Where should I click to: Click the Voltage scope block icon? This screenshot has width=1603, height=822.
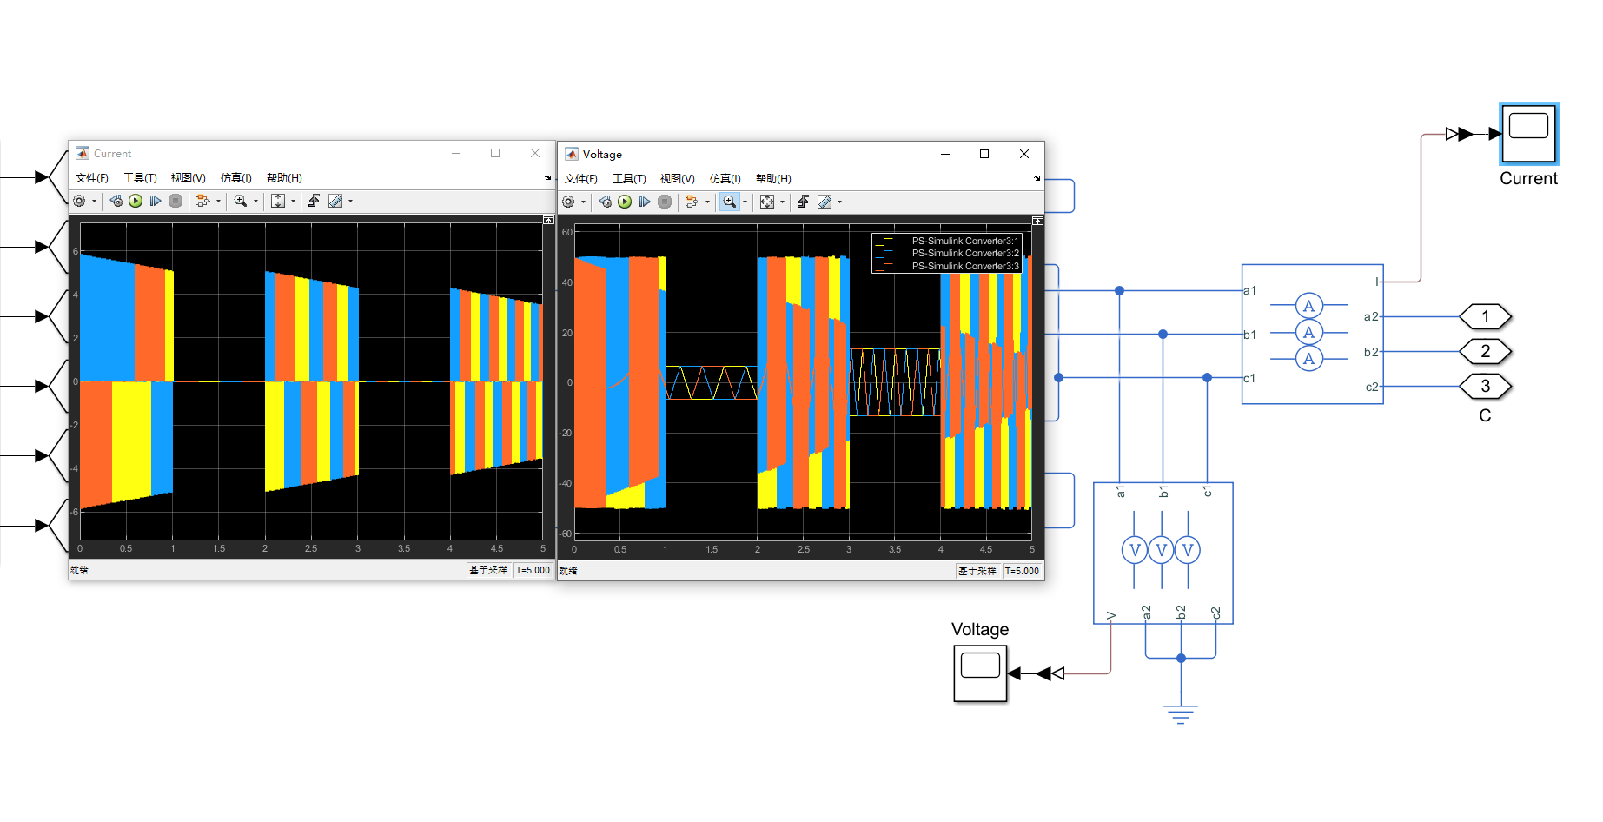[980, 673]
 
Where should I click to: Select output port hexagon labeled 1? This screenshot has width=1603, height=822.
[1485, 316]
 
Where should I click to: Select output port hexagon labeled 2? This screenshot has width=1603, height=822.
[1485, 351]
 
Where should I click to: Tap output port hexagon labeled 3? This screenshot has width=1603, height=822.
[1485, 386]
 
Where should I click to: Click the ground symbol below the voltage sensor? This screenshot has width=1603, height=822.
[1181, 713]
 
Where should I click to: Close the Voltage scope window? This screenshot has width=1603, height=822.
[1024, 154]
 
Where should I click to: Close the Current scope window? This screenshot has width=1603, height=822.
[535, 153]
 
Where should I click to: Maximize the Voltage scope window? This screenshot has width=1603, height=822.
[984, 154]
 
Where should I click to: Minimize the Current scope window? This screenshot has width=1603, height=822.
[455, 153]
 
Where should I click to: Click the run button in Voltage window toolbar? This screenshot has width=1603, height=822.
[625, 202]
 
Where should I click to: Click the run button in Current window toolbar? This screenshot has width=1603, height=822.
[136, 201]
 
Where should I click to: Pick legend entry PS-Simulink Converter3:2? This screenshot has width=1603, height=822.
[964, 254]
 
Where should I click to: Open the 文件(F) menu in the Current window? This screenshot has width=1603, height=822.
[91, 178]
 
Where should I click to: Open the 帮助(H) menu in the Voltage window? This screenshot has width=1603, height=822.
[773, 179]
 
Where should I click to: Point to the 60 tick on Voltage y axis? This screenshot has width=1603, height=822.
[566, 232]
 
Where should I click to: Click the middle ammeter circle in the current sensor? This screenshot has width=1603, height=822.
[1308, 332]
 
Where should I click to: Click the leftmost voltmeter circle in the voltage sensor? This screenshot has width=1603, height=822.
[1134, 549]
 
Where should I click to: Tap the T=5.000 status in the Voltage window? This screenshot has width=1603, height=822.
[1022, 571]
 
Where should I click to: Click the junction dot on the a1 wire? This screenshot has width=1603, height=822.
[1119, 290]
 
